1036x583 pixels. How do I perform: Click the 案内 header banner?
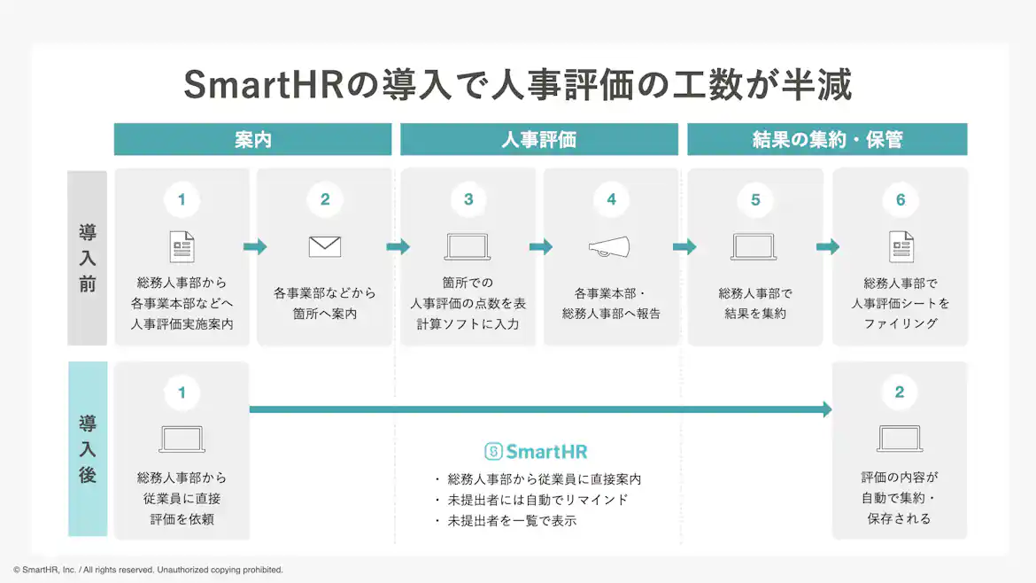point(252,139)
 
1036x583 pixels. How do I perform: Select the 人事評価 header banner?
point(539,139)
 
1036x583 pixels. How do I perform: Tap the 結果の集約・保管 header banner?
point(827,139)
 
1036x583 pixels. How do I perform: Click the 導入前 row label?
point(87,258)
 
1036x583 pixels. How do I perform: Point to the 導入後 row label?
point(87,449)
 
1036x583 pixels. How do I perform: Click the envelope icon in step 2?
point(325,246)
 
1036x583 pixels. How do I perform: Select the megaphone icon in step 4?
point(610,247)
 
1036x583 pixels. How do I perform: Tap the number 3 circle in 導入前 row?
point(468,199)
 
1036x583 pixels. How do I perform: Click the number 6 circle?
point(901,199)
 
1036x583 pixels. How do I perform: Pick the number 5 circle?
point(755,199)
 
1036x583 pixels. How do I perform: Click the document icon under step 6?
point(901,246)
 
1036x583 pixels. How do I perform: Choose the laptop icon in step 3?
point(468,247)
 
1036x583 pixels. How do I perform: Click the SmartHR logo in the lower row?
point(536,452)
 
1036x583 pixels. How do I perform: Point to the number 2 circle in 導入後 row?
point(900,392)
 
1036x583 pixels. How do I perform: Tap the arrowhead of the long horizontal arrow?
point(827,409)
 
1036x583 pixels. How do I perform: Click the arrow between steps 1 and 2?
point(255,246)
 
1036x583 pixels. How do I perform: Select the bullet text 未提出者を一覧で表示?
point(512,521)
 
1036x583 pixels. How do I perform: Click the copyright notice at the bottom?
point(148,570)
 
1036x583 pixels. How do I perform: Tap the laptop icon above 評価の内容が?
point(900,439)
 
